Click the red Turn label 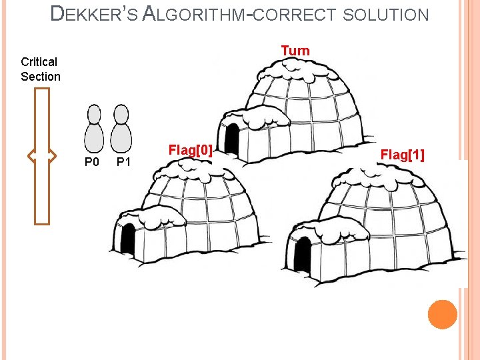click(x=295, y=51)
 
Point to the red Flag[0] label click(x=191, y=149)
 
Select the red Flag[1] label click(x=402, y=155)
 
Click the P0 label click(x=92, y=162)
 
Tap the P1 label click(x=124, y=162)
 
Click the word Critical click(x=39, y=62)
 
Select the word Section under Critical click(x=40, y=76)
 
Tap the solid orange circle click(x=443, y=314)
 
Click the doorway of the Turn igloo click(x=233, y=138)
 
